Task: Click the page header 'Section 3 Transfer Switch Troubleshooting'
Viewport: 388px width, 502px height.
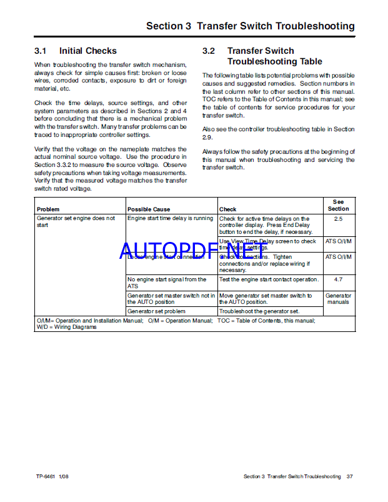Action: coord(250,26)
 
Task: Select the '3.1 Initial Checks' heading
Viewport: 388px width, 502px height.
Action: coord(76,51)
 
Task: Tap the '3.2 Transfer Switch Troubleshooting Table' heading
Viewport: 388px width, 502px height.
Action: coord(275,56)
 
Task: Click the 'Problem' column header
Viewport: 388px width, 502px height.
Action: coord(48,209)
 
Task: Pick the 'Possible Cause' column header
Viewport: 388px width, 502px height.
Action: coord(149,209)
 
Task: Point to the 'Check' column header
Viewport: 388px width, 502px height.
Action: coord(228,209)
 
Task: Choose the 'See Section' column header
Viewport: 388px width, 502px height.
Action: coord(339,205)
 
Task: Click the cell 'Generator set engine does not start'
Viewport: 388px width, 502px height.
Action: coord(76,222)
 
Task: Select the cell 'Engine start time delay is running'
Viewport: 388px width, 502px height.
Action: coord(170,219)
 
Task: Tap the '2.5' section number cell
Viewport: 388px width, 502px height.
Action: coord(339,219)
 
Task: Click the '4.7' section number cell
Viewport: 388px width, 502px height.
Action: coord(339,280)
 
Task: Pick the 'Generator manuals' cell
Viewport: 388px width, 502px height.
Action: coord(339,299)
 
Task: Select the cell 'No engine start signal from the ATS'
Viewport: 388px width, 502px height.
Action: coord(167,283)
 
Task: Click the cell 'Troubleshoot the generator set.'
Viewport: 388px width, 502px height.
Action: coord(259,311)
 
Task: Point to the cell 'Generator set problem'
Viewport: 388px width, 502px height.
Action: coord(156,311)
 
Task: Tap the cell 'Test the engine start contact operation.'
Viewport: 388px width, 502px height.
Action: coord(269,279)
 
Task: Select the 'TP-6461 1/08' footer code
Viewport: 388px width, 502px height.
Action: coord(52,476)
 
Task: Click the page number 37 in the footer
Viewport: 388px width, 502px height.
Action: coord(351,476)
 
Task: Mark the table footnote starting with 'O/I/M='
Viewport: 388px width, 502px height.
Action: coord(175,323)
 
